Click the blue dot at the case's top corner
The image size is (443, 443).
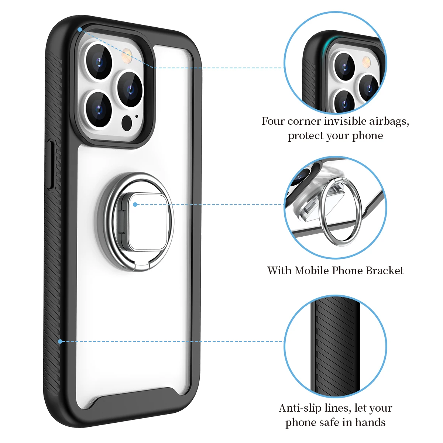[80, 29]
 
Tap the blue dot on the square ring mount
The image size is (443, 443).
[135, 204]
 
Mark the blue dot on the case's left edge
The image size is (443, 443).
[60, 341]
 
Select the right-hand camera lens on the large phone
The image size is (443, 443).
[130, 89]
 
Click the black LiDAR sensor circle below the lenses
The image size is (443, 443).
[127, 123]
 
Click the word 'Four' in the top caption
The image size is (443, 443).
[273, 121]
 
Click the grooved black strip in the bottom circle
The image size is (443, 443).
[335, 347]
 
